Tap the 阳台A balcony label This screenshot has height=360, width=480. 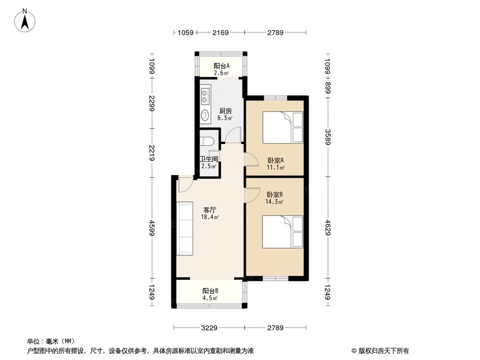(x=221, y=66)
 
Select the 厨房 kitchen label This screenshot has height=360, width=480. (x=226, y=110)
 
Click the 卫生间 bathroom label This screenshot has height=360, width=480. (x=209, y=159)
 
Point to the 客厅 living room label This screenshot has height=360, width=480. (x=209, y=210)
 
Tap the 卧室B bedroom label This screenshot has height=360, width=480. (x=275, y=194)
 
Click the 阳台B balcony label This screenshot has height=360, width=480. (x=210, y=291)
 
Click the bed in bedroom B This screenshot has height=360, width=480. (x=283, y=231)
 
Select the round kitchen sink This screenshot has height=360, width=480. (x=205, y=115)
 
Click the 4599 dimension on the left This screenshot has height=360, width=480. (x=152, y=227)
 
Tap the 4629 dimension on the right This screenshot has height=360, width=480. (x=328, y=227)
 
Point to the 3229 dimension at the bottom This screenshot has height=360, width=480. (x=209, y=328)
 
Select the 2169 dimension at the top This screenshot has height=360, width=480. (x=220, y=33)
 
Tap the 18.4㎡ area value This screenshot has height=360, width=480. (x=210, y=217)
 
